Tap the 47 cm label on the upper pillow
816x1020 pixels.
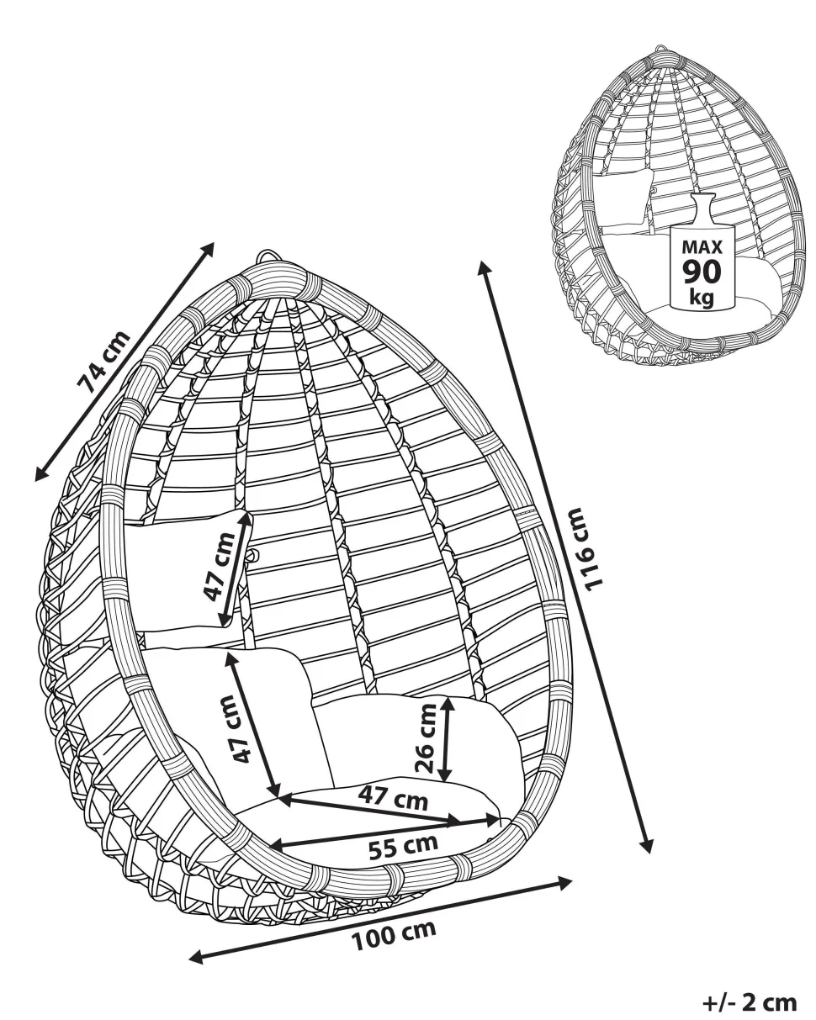pyautogui.click(x=219, y=568)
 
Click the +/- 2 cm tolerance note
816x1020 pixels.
pyautogui.click(x=750, y=999)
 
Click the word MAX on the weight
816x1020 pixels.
pyautogui.click(x=702, y=247)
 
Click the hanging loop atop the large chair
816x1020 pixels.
pyautogui.click(x=268, y=256)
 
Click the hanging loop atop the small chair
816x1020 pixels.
pyautogui.click(x=662, y=49)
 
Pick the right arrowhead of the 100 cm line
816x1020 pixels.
pyautogui.click(x=565, y=881)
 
